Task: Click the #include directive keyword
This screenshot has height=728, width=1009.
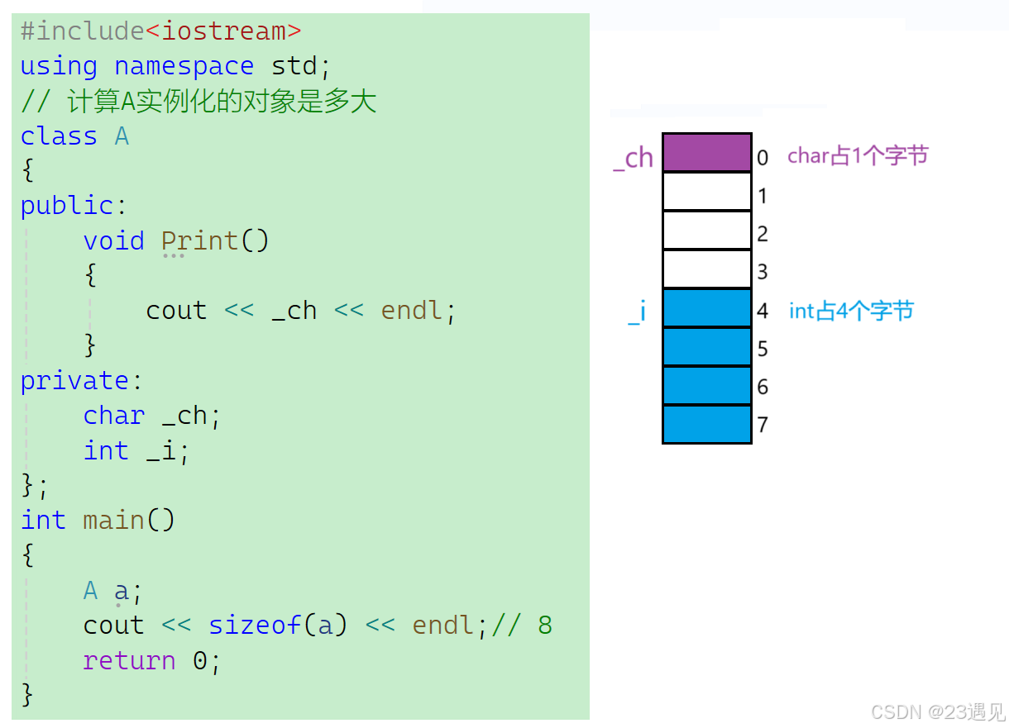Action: pyautogui.click(x=82, y=31)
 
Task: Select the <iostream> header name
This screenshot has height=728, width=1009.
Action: pyautogui.click(x=223, y=31)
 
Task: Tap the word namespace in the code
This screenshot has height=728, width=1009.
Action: pyautogui.click(x=184, y=66)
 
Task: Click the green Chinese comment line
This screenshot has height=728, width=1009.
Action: pyautogui.click(x=198, y=102)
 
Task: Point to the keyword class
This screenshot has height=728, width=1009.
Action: pyautogui.click(x=59, y=136)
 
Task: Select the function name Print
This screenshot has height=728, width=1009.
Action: pyautogui.click(x=199, y=240)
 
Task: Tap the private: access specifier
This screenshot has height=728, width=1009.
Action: pyautogui.click(x=81, y=381)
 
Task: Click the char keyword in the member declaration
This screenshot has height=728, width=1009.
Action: pyautogui.click(x=113, y=416)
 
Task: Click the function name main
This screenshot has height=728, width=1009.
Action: pyautogui.click(x=113, y=521)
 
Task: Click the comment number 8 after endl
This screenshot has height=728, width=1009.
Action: pyautogui.click(x=544, y=626)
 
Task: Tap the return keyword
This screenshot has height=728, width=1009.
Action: pyautogui.click(x=129, y=661)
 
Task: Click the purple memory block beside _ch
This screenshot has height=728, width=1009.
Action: pyautogui.click(x=706, y=153)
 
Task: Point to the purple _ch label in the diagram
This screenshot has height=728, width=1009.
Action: pyautogui.click(x=634, y=157)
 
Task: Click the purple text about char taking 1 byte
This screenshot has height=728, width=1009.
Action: pyautogui.click(x=858, y=155)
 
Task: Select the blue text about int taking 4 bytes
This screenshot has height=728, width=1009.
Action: pyautogui.click(x=852, y=311)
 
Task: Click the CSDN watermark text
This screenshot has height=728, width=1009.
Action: pyautogui.click(x=937, y=711)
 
